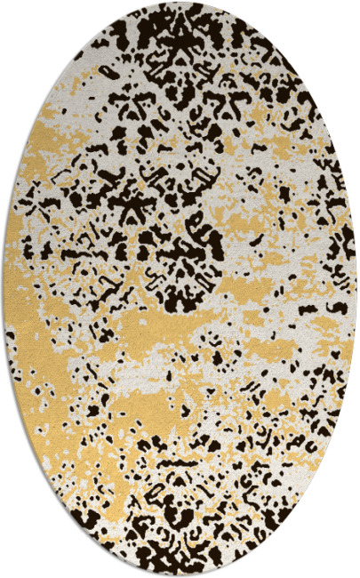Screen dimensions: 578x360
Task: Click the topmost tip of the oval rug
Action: (x=180, y=3)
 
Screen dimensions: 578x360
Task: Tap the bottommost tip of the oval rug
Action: (x=180, y=575)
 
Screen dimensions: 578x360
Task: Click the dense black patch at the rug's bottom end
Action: (x=178, y=542)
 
